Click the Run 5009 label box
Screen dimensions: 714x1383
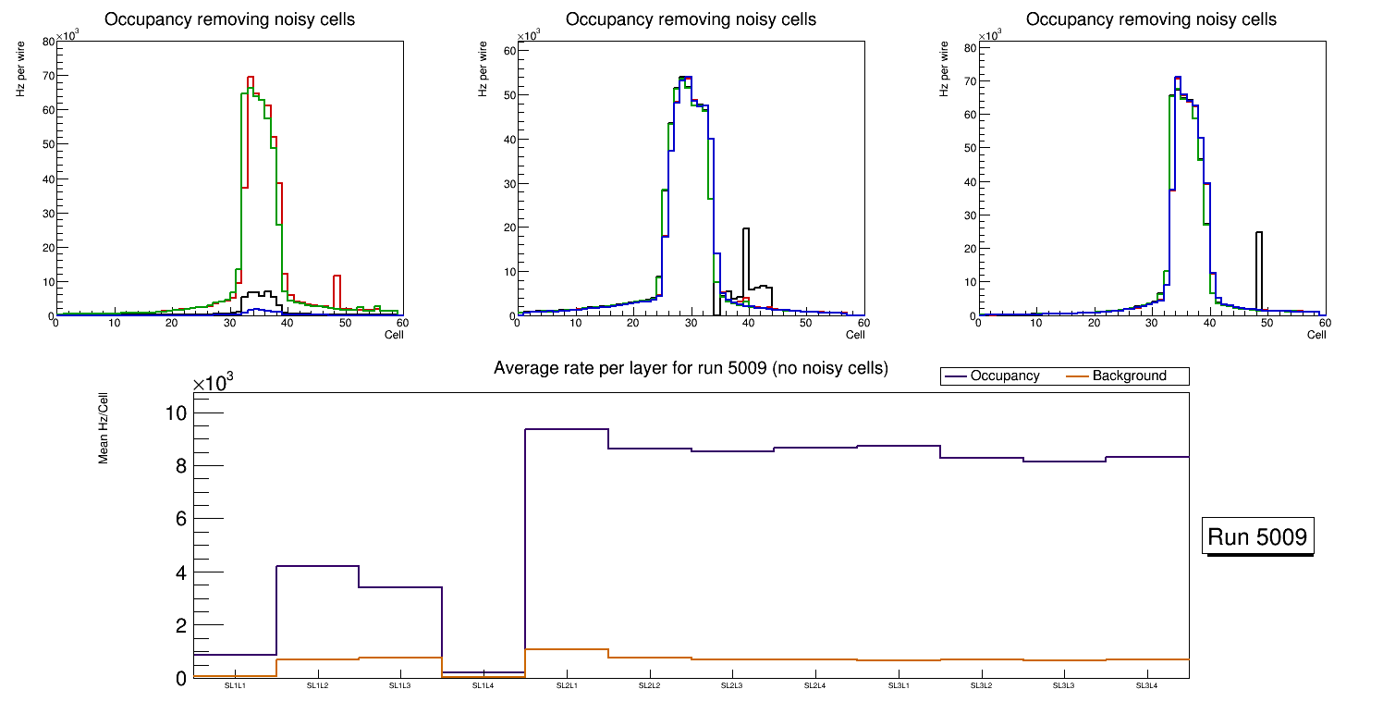point(1259,536)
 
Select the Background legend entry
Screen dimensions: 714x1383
point(1129,375)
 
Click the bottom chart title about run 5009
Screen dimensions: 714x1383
point(691,368)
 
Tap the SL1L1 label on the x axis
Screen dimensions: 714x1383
point(235,685)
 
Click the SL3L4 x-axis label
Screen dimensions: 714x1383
point(1146,685)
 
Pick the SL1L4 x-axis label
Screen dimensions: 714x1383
point(483,685)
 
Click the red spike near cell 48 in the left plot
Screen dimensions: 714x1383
point(337,277)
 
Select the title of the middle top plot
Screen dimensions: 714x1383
point(691,19)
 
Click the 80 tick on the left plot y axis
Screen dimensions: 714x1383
point(48,42)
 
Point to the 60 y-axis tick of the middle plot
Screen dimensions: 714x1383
point(508,51)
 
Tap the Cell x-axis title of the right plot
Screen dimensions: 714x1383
point(1316,335)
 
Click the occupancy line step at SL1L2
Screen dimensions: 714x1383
point(317,565)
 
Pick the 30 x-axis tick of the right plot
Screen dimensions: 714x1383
point(1151,323)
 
